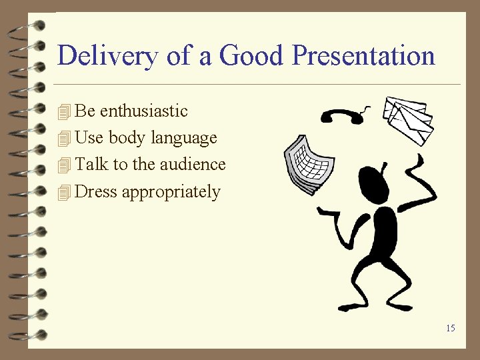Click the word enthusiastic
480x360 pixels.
[x=143, y=111]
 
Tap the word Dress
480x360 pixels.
[x=96, y=192]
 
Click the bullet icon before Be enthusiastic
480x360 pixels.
[x=64, y=111]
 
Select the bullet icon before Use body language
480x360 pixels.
[x=64, y=139]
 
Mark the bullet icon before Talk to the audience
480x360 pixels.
[x=64, y=165]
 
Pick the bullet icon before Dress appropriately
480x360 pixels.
[x=64, y=193]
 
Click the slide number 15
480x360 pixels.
[x=451, y=328]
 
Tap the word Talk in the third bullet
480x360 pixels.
[x=92, y=164]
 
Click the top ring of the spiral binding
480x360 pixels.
[x=24, y=27]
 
